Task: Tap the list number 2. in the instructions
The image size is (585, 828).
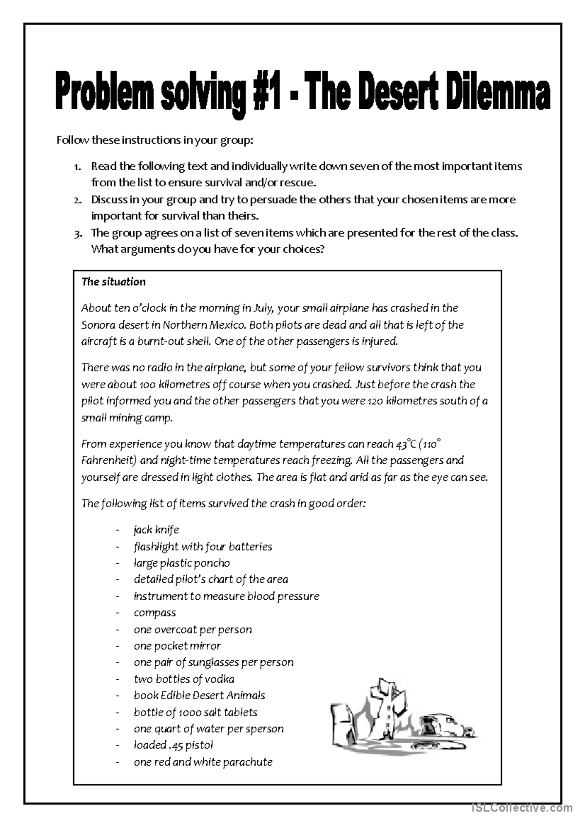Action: (78, 200)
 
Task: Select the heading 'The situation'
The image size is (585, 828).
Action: (114, 282)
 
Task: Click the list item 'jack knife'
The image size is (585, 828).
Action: (156, 530)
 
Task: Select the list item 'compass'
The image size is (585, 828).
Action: (155, 612)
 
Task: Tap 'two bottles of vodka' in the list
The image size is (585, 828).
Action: (184, 679)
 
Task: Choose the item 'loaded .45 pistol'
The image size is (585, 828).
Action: (173, 745)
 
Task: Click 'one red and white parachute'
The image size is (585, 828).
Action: (203, 762)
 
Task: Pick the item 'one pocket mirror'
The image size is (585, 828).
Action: (177, 646)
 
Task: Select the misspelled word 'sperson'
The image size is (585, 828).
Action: (267, 729)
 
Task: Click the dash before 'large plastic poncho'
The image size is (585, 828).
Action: (117, 563)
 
